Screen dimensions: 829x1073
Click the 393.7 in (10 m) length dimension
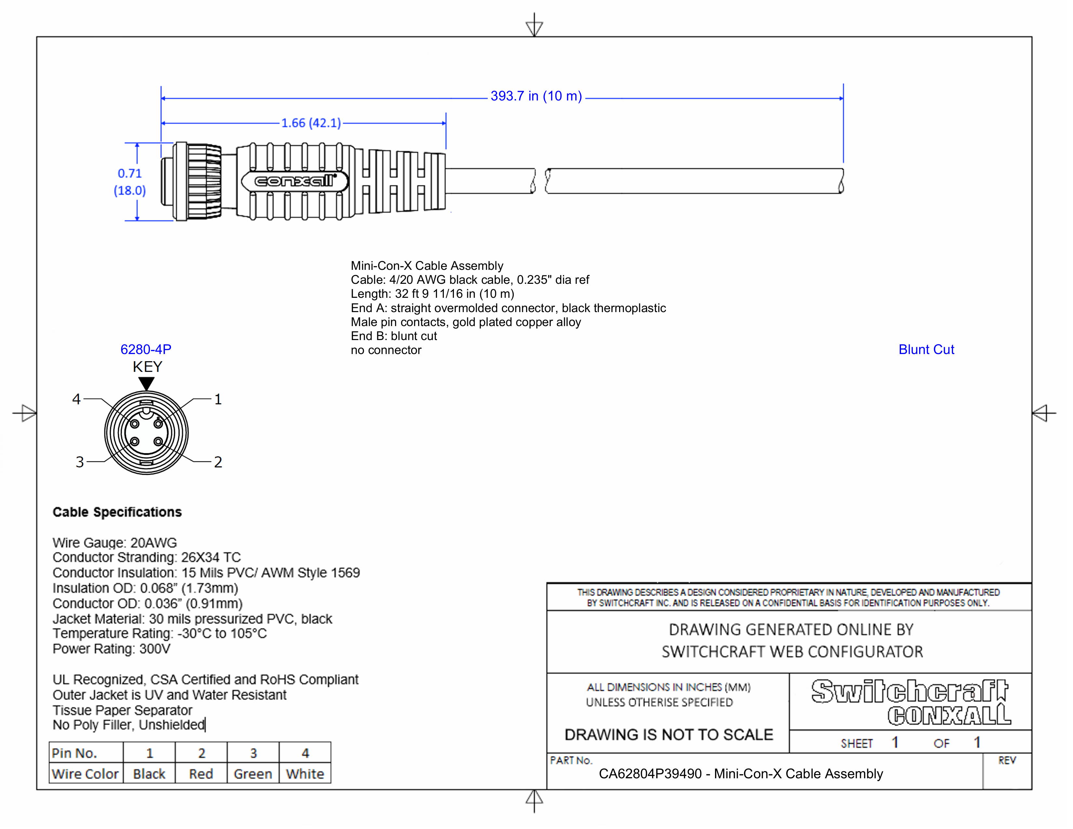[x=536, y=96]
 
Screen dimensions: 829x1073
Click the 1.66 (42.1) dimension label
[x=311, y=123]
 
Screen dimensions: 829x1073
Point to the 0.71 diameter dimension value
[x=130, y=173]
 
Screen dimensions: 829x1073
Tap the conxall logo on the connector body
[x=295, y=181]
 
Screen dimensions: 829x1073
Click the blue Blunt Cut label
[x=926, y=350]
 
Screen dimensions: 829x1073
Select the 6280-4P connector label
[x=146, y=350]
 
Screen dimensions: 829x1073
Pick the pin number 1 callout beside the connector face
[x=218, y=399]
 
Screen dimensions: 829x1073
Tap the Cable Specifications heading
[x=117, y=512]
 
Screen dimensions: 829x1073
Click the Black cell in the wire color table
[x=149, y=774]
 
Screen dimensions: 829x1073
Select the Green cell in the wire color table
[x=253, y=774]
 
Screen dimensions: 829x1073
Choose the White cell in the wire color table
[x=305, y=774]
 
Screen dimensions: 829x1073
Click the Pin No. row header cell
[x=75, y=753]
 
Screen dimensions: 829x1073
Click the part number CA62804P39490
[x=650, y=774]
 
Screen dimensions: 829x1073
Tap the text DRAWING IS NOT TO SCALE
[x=668, y=735]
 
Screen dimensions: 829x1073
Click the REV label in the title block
[x=1006, y=761]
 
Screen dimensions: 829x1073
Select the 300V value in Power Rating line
[x=155, y=649]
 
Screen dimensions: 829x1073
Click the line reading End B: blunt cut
[x=393, y=336]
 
